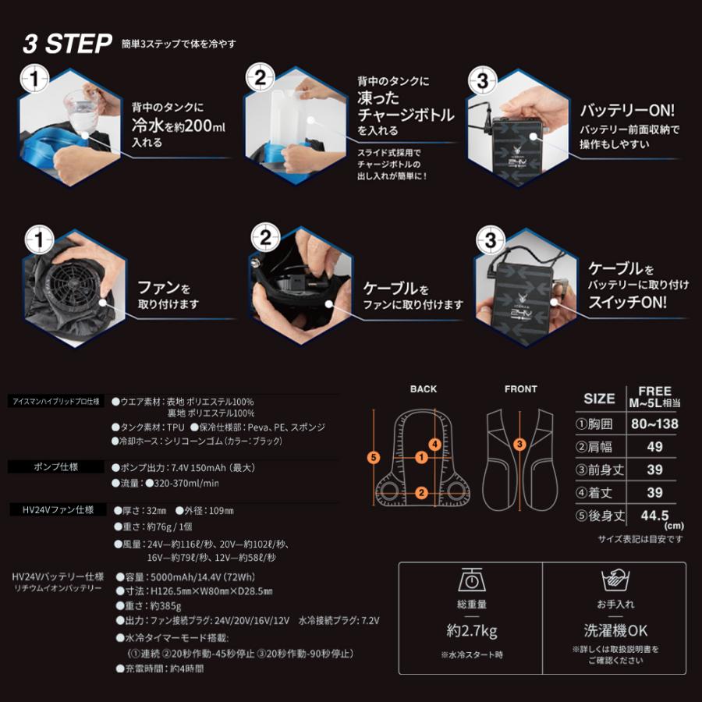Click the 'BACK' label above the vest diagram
click(423, 388)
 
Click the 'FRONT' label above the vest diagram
click(520, 388)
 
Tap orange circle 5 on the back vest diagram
click(374, 457)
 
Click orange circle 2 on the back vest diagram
click(421, 492)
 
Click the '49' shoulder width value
click(654, 447)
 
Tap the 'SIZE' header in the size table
click(599, 398)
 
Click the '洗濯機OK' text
click(615, 630)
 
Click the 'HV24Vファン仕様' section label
click(53, 509)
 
